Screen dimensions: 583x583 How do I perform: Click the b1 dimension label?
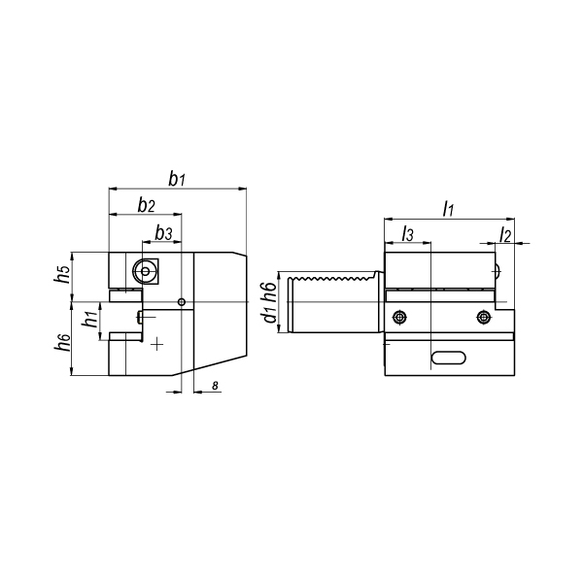point(177,179)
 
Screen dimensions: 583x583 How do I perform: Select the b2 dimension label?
point(146,205)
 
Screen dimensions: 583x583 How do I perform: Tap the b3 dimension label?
point(163,233)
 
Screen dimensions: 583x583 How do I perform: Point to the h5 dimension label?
point(62,274)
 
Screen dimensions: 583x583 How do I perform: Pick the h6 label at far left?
point(62,342)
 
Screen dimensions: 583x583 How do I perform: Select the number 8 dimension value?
point(215,386)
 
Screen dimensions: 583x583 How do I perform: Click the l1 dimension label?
point(448,209)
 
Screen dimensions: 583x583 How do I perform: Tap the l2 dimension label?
point(505,235)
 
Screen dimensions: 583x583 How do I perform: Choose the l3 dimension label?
point(407,234)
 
